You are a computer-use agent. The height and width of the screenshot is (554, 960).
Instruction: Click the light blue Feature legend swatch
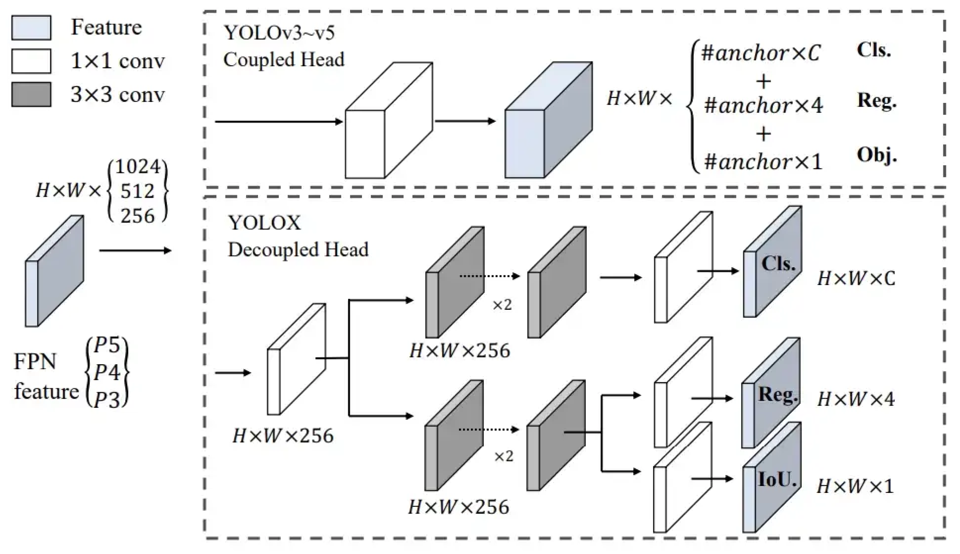31,28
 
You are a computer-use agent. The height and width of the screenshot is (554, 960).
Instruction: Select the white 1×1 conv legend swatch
31,61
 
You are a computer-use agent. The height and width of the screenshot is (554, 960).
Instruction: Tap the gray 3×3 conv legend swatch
31,94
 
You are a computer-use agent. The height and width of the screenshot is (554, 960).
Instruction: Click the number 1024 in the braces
138,167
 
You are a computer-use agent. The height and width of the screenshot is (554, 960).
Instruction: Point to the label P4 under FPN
107,372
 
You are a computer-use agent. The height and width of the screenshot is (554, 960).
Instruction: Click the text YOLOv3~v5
279,33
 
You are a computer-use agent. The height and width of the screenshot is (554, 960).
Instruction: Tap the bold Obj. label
876,155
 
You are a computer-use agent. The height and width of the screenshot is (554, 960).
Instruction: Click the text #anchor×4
763,105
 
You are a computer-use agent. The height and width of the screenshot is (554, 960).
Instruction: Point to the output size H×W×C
856,279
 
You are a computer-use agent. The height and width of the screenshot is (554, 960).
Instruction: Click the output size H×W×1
855,486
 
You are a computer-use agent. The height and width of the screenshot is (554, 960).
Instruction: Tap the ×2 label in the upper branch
502,305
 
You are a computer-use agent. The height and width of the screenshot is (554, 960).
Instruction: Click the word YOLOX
265,223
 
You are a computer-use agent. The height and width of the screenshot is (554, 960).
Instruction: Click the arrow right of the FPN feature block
135,250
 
